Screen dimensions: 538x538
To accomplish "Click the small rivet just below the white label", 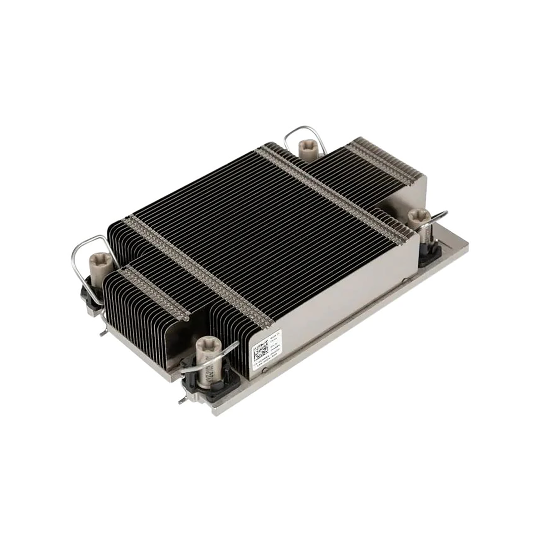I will coord(266,371).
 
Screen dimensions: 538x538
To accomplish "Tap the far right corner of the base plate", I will coord(468,246).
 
